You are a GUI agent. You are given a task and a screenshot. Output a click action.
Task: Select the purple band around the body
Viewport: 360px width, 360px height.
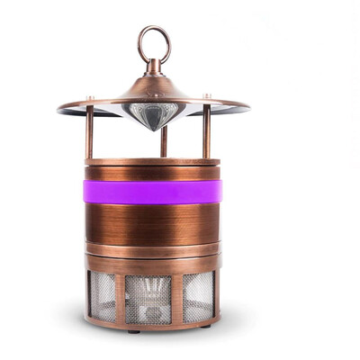(x=152, y=191)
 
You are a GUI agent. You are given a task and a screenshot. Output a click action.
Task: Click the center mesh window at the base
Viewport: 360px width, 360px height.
(x=148, y=298)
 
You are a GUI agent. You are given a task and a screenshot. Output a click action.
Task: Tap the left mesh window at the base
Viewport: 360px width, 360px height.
(x=103, y=296)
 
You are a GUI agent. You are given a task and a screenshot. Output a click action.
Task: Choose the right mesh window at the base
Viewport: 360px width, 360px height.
(x=197, y=296)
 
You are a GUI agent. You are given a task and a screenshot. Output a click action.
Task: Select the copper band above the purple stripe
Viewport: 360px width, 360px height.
(x=152, y=171)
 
